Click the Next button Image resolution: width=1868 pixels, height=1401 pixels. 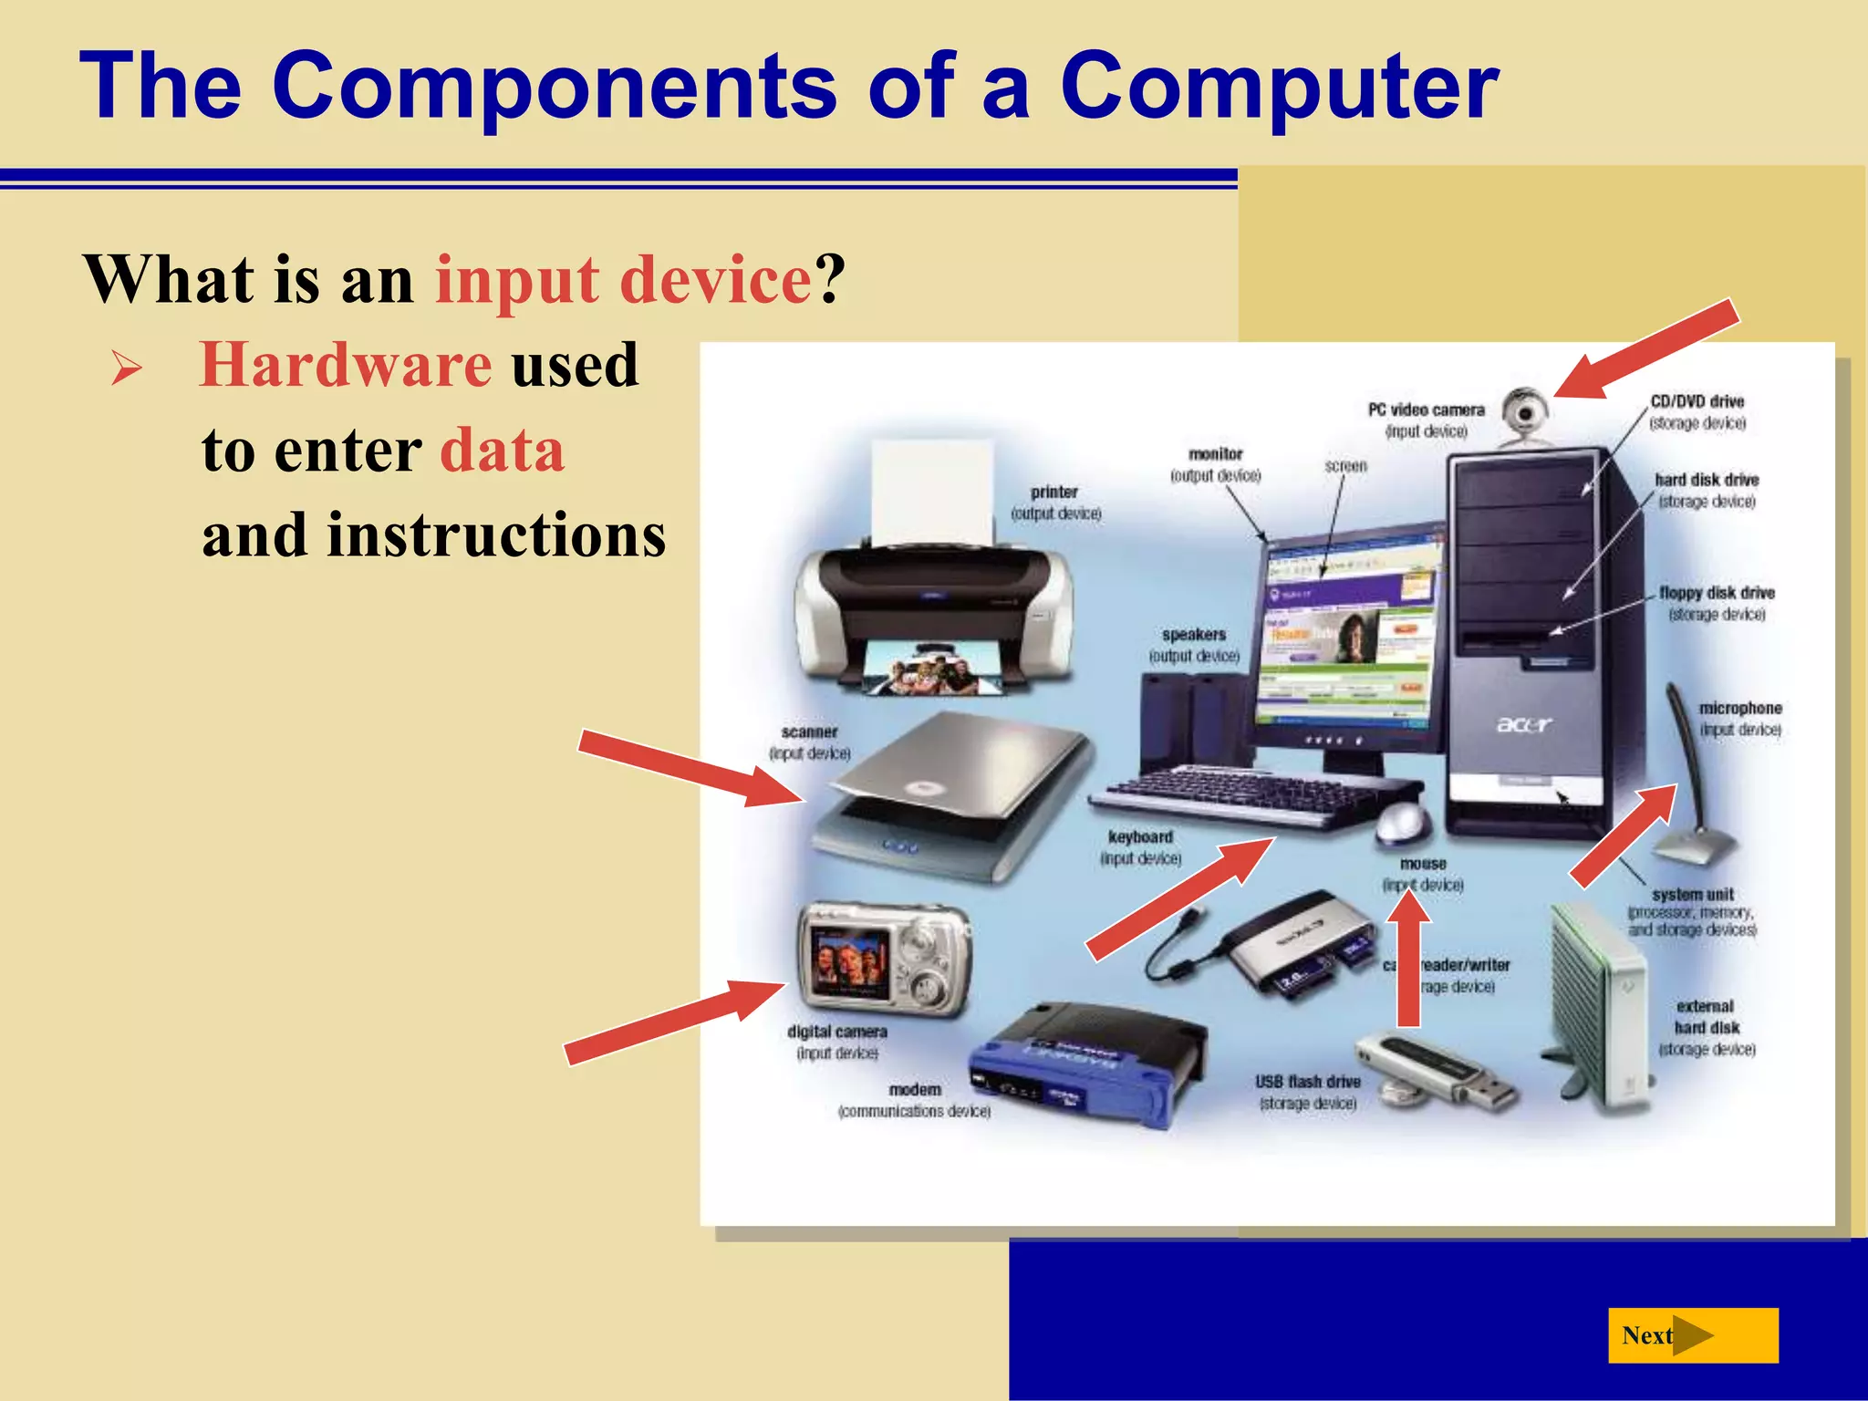[1692, 1335]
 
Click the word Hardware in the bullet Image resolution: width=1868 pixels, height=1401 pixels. [346, 365]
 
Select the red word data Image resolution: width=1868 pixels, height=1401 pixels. [502, 450]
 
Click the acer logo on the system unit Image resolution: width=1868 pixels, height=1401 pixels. [1523, 725]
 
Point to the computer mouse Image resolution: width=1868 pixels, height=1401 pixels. [1402, 822]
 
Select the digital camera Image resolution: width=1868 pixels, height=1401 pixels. [882, 960]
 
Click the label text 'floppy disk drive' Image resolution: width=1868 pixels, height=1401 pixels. [1717, 593]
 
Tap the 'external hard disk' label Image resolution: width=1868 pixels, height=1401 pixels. [1706, 1017]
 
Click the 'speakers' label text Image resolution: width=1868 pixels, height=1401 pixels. [1193, 634]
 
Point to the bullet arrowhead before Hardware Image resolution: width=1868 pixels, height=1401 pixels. [126, 368]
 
